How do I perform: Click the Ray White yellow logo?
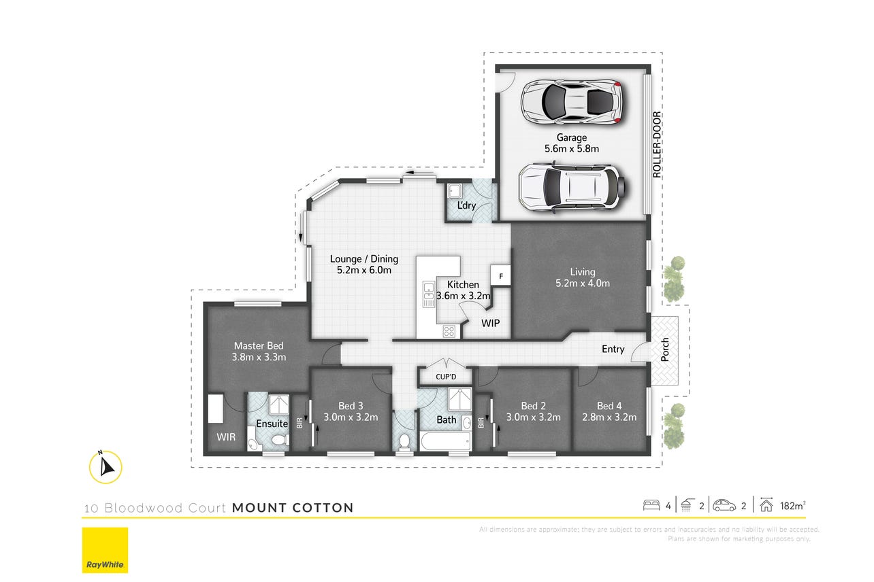coord(105,550)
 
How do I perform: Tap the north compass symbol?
coord(106,466)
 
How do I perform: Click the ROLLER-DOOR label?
coord(657,145)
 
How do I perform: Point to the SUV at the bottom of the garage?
coord(572,186)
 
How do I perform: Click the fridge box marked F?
coord(500,275)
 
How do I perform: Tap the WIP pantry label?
coord(491,323)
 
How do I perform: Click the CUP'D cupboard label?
coord(446,377)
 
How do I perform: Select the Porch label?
coord(665,349)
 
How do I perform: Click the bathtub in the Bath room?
coord(446,442)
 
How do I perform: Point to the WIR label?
coord(226,437)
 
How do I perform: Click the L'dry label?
coord(467,205)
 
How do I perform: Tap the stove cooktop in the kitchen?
coord(449,331)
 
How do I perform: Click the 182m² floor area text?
coord(793,506)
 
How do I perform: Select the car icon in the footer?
coord(724,505)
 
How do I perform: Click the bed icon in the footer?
coord(651,505)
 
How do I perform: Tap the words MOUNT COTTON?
coord(293,507)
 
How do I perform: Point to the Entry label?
coord(613,349)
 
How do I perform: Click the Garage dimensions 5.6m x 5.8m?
coord(572,148)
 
